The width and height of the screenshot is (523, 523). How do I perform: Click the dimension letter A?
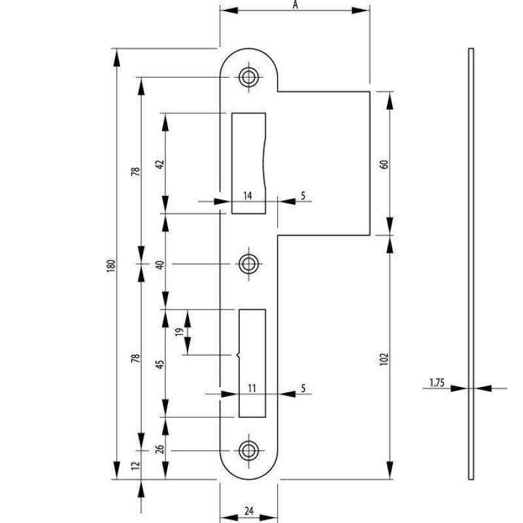(295, 5)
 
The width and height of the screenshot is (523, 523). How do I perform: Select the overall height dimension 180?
(111, 265)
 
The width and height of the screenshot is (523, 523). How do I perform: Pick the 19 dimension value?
(178, 332)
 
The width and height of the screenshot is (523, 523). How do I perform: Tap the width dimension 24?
(249, 511)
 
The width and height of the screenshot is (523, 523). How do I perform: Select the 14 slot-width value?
(248, 195)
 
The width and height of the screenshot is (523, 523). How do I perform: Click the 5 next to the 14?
(303, 195)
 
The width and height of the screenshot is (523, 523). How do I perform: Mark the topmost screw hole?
(248, 76)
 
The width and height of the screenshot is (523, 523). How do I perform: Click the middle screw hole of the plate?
(248, 264)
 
